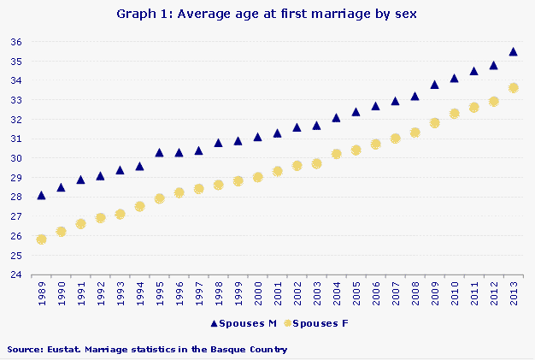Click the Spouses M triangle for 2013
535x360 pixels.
[x=513, y=51]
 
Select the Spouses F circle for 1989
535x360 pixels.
[x=41, y=239]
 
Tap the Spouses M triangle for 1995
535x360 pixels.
[x=159, y=152]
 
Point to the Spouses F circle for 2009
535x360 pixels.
[x=434, y=123]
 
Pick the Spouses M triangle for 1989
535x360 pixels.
[x=41, y=195]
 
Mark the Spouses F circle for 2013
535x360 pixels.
[x=513, y=88]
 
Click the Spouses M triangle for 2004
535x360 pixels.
[x=336, y=117]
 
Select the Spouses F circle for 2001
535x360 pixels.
[x=277, y=171]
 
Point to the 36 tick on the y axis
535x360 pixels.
[x=16, y=42]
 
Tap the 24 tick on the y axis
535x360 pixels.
[x=16, y=275]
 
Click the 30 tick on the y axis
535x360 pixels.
[x=16, y=158]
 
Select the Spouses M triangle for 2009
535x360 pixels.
[x=434, y=85]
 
